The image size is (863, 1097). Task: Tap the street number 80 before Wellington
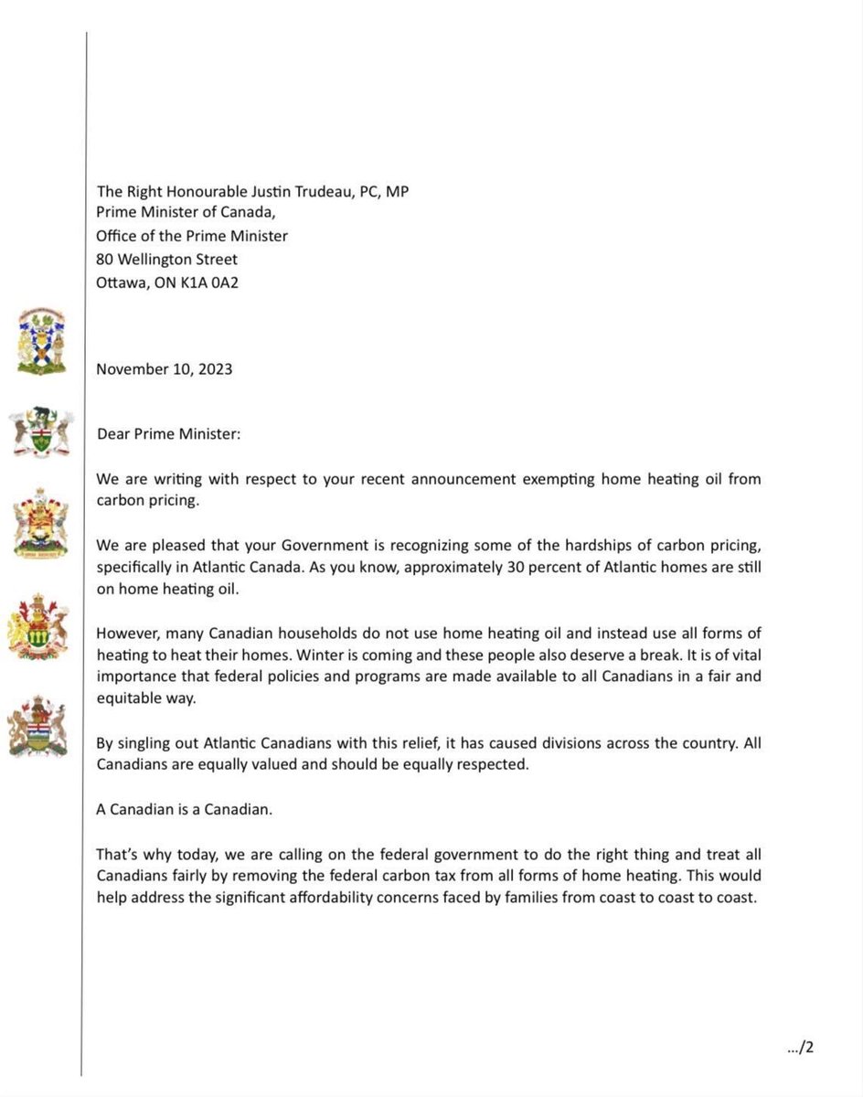tap(105, 259)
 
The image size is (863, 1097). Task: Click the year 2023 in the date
tap(214, 369)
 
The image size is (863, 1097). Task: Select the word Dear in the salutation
tap(114, 433)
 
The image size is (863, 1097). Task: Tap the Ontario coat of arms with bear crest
tap(39, 432)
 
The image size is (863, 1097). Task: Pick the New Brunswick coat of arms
tap(40, 522)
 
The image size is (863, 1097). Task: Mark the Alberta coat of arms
tap(38, 724)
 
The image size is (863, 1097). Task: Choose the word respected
tap(495, 765)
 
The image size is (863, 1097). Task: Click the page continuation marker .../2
tap(799, 1048)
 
